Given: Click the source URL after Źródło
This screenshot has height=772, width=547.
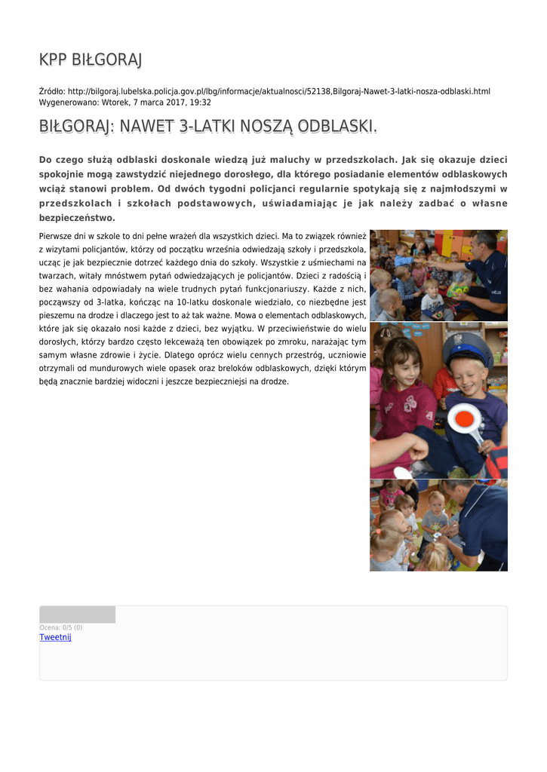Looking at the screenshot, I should point(278,91).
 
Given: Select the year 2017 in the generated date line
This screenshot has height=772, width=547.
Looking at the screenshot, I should point(173,103).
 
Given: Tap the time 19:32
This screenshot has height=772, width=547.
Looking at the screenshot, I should point(200,103).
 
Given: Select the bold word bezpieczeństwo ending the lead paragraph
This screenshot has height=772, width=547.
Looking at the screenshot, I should point(77,218).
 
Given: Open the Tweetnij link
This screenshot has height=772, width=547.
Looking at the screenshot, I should point(55,638).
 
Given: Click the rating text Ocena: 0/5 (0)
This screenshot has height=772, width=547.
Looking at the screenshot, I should point(61,627).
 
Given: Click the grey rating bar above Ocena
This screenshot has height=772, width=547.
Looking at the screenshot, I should point(77,614).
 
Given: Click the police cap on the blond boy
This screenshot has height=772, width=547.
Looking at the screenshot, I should point(468,350).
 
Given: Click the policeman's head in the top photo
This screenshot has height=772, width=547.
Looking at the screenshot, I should point(486,243).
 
